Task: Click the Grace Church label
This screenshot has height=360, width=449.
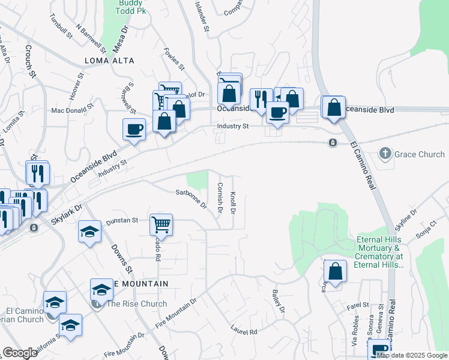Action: click(x=419, y=154)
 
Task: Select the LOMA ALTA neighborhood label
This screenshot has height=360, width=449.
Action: click(x=109, y=61)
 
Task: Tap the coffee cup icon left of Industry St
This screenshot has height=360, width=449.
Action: click(x=134, y=128)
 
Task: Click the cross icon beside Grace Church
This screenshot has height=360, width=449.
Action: click(x=385, y=154)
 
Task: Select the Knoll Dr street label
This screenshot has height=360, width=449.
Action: click(x=233, y=203)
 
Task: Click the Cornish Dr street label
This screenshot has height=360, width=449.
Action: click(x=220, y=197)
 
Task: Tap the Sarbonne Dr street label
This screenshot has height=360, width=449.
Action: click(x=191, y=199)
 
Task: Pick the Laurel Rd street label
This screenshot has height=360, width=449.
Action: click(x=244, y=329)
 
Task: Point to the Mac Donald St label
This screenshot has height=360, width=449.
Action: click(x=73, y=110)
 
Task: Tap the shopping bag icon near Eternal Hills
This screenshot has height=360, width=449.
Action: click(x=336, y=271)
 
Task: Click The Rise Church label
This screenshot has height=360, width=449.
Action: click(x=136, y=304)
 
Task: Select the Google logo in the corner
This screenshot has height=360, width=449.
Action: click(x=20, y=353)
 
